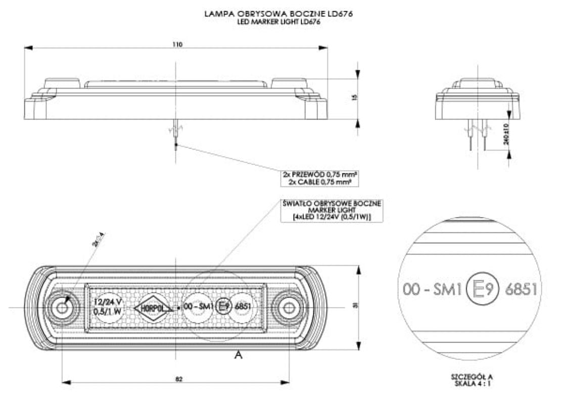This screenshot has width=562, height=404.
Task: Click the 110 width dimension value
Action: click(176, 44)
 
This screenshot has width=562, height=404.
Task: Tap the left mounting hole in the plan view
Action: click(63, 307)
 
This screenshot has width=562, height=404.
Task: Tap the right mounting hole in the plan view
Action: click(289, 307)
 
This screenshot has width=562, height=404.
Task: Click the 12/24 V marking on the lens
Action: click(107, 302)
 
